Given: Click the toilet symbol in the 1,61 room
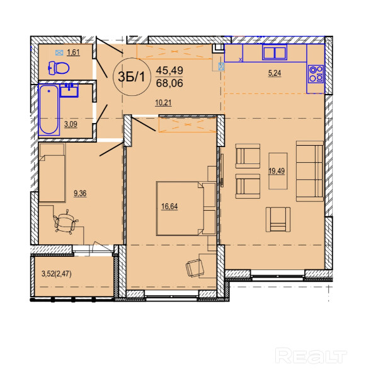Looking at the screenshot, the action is point(59,68).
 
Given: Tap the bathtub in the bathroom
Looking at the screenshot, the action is point(49,109).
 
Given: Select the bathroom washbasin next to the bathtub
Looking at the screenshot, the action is point(69,90).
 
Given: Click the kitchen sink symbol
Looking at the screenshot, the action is point(275,52).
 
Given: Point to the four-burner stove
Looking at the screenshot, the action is point(316,74).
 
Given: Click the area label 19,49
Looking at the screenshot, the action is point(277,171).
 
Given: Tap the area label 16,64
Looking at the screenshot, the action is point(169,206).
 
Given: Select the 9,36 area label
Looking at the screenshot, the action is point(80,194).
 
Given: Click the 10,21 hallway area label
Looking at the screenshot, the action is point(163,103).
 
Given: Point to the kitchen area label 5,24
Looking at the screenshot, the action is point(275,73).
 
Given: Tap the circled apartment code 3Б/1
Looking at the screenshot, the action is point(132,77).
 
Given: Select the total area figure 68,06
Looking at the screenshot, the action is point(169,83).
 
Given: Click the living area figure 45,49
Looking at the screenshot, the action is point(169,71).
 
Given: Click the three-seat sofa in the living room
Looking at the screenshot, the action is point(310,171).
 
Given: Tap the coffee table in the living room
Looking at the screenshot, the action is point(278,171).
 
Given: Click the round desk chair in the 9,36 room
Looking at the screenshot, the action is point(65,222).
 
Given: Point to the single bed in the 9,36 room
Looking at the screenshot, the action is point(52,173).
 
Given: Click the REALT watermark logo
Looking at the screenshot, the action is point(311,355).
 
